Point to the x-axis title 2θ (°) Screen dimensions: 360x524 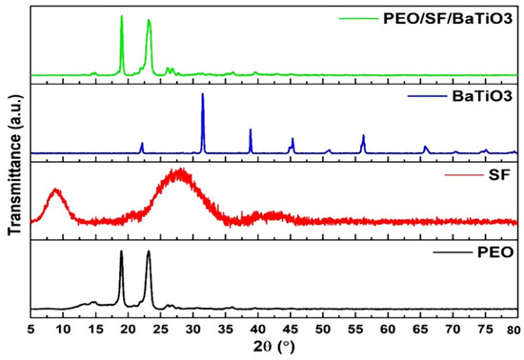[x=273, y=348]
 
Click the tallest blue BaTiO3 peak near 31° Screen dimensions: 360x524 [x=202, y=94]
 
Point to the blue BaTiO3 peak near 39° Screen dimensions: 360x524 [x=251, y=130]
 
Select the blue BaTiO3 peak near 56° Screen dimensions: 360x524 [x=363, y=135]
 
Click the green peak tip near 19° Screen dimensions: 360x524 [x=121, y=16]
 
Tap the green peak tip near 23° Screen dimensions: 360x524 [x=149, y=21]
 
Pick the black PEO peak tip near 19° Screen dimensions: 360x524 [x=121, y=251]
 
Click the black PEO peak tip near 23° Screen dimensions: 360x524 [x=148, y=251]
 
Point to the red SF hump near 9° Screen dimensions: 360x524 [x=56, y=190]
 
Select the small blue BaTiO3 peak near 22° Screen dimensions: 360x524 [x=142, y=143]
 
